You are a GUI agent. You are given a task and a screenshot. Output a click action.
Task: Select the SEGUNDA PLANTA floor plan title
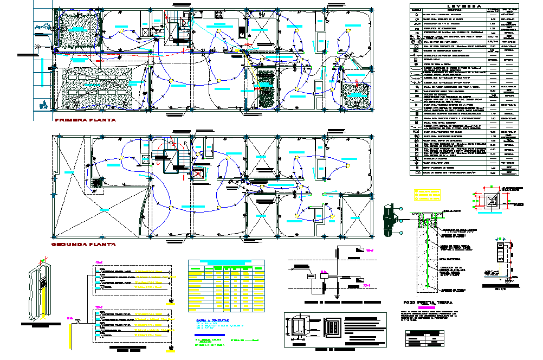[x=83, y=245]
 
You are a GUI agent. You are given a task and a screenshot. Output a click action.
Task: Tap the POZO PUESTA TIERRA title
[x=424, y=303]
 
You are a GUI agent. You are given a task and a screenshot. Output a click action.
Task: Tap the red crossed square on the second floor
[x=198, y=175]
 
